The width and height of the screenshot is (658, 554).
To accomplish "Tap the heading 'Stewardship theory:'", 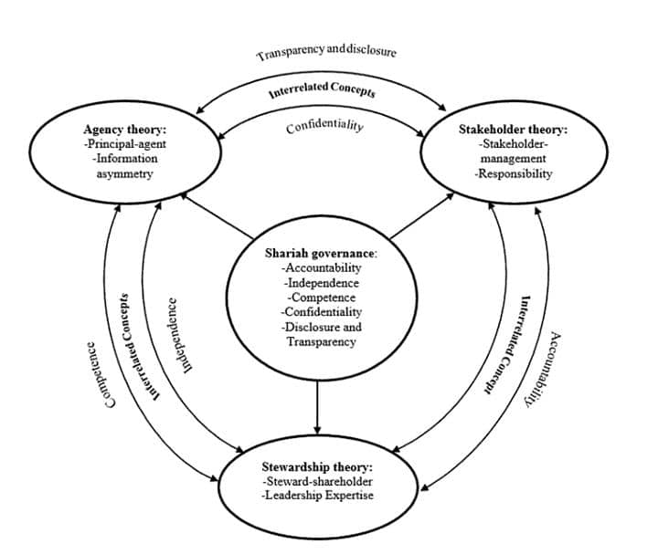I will point(317,467).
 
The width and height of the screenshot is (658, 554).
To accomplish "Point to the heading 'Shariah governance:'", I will point(321,254).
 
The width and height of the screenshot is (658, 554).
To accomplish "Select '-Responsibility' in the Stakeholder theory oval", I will point(514,173).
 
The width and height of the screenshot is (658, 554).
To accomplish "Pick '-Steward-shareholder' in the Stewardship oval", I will point(317,481).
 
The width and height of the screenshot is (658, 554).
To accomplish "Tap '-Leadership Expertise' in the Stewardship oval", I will point(317,496).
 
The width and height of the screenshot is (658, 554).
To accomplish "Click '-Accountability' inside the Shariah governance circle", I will point(321,268).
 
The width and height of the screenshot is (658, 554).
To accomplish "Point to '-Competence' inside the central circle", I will point(321,298).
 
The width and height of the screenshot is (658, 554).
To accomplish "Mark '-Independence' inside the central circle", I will point(321,283).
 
